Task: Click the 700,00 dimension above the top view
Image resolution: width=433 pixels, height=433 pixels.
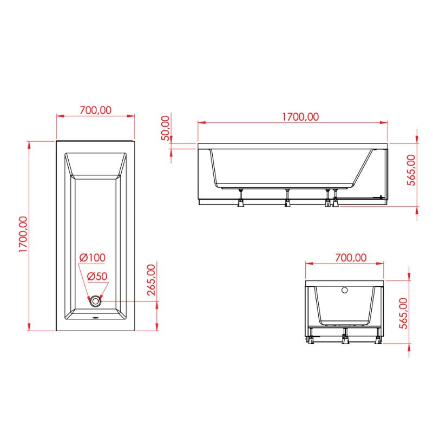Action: (x=95, y=109)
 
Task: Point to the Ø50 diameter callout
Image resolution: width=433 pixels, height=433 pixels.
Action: (x=97, y=276)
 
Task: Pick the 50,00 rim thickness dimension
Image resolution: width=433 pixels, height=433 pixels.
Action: (x=166, y=128)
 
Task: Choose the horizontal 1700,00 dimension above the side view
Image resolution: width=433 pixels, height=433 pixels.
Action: (x=292, y=116)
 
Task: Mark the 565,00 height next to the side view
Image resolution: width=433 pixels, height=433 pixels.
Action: (x=411, y=170)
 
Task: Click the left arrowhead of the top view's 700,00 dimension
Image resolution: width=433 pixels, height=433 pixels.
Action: (x=59, y=115)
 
